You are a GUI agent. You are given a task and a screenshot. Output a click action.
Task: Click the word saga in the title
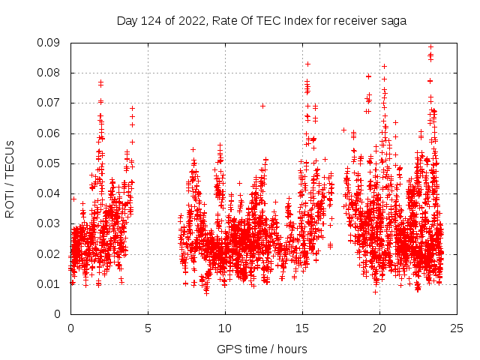[394, 21]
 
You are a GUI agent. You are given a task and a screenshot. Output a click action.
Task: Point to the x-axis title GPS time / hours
[262, 349]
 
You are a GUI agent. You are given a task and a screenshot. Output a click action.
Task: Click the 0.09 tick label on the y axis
[50, 43]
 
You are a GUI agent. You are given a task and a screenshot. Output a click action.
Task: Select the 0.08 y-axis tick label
[50, 73]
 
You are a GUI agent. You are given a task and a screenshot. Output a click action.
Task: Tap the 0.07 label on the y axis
[50, 103]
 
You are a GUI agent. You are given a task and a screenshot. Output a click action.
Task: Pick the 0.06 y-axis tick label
[50, 133]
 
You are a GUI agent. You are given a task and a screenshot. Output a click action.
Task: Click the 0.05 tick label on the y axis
[50, 163]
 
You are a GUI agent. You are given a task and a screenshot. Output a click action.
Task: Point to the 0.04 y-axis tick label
[50, 193]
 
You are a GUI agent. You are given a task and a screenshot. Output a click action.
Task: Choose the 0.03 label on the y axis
[50, 223]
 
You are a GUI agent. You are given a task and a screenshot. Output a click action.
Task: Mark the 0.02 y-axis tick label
[50, 253]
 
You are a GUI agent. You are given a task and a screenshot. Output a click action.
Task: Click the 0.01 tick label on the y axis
[50, 283]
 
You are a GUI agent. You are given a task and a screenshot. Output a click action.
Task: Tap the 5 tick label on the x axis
[148, 328]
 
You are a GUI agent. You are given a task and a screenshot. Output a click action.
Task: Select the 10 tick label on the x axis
[225, 328]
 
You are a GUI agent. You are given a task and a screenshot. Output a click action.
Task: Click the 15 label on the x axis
[302, 328]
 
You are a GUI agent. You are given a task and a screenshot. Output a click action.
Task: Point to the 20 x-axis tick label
[379, 328]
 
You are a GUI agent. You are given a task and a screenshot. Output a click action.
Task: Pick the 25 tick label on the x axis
[457, 328]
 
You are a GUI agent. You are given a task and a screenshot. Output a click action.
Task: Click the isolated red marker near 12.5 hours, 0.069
[263, 106]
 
